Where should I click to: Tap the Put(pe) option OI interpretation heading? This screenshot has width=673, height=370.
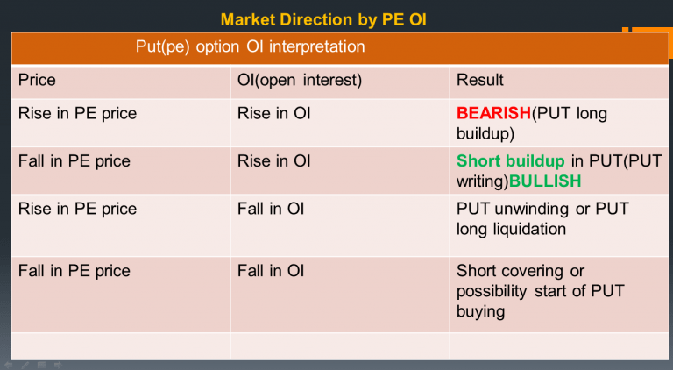pyautogui.click(x=250, y=46)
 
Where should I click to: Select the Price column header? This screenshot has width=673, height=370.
pyautogui.click(x=37, y=81)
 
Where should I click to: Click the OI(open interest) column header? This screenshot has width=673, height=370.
pyautogui.click(x=300, y=81)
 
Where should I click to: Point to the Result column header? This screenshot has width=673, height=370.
pyautogui.click(x=480, y=81)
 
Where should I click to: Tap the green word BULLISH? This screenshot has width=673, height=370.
pyautogui.click(x=545, y=181)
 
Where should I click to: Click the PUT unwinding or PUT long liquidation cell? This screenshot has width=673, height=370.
pyautogui.click(x=542, y=219)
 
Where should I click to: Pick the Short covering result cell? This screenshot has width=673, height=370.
pyautogui.click(x=540, y=290)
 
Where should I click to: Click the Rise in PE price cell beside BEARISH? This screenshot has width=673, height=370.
pyautogui.click(x=77, y=114)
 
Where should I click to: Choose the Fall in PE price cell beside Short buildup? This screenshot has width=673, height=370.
pyautogui.click(x=74, y=161)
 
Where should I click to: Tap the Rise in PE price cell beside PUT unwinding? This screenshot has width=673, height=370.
pyautogui.click(x=77, y=210)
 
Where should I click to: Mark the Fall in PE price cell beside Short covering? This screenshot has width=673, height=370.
pyautogui.click(x=74, y=271)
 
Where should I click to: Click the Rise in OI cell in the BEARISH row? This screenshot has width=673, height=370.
pyautogui.click(x=273, y=114)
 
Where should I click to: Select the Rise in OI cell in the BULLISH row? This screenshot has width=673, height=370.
pyautogui.click(x=273, y=161)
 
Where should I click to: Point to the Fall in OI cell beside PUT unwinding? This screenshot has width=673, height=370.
pyautogui.click(x=271, y=210)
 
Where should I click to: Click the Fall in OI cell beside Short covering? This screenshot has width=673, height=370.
pyautogui.click(x=271, y=271)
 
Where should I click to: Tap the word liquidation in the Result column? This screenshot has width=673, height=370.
pyautogui.click(x=535, y=229)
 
